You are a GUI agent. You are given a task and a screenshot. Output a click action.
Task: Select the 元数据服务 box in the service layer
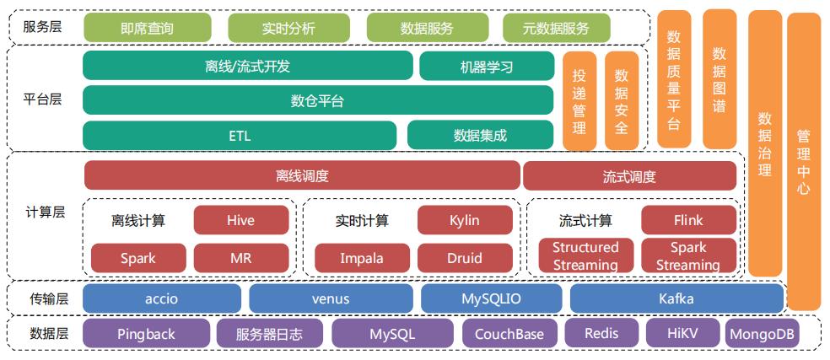tap(556, 28)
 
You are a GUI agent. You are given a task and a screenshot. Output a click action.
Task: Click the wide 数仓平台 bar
tap(317, 100)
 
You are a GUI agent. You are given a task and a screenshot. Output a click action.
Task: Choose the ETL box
tap(240, 135)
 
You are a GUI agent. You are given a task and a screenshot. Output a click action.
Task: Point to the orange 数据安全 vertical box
tap(622, 101)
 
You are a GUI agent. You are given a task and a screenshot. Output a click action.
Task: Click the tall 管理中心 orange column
tap(803, 160)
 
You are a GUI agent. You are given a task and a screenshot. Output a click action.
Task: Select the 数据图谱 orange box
tap(720, 78)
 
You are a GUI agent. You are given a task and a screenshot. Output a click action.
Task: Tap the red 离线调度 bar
tap(302, 176)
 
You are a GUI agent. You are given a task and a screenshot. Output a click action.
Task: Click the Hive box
tap(240, 220)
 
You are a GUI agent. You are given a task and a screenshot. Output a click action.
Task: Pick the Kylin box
tap(465, 220)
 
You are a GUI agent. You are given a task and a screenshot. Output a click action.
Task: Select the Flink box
tap(688, 220)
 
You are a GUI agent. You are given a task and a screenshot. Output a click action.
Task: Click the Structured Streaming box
tap(585, 256)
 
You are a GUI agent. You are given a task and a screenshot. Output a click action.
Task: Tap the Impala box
tap(362, 257)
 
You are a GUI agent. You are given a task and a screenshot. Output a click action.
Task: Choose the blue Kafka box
tap(676, 298)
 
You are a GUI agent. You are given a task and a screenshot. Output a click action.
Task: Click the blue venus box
tap(330, 298)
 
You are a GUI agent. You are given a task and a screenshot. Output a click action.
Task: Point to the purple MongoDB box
tap(762, 334)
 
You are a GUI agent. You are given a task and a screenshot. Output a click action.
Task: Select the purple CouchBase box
tap(509, 334)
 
